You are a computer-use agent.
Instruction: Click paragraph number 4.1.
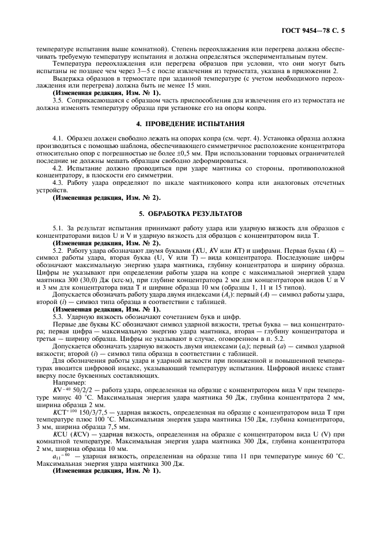click(58, 139)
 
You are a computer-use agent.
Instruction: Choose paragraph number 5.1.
click(58, 229)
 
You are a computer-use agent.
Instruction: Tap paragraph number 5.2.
click(58, 252)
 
